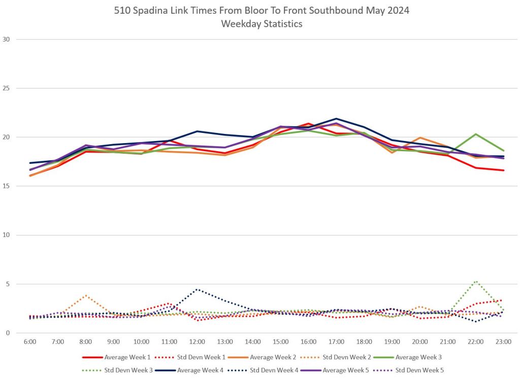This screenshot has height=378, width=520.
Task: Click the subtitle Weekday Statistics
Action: tap(262, 24)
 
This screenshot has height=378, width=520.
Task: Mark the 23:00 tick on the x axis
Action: tap(503, 342)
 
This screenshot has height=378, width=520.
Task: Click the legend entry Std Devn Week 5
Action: tap(419, 370)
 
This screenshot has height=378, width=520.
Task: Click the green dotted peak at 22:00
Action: tap(475, 281)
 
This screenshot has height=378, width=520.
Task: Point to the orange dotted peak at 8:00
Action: tap(86, 295)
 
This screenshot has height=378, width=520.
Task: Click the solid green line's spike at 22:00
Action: tap(475, 134)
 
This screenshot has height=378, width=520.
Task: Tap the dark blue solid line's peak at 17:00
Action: tap(336, 119)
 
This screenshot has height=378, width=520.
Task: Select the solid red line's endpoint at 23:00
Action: tap(503, 170)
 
